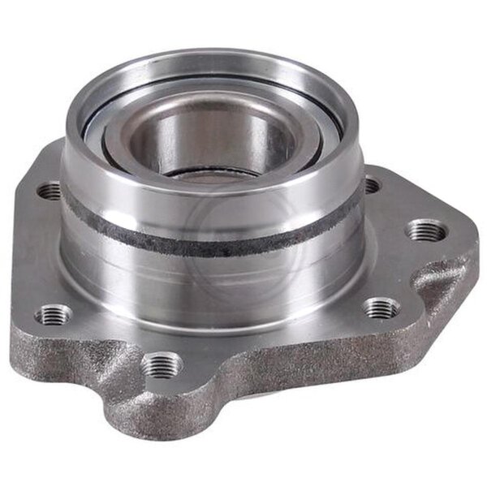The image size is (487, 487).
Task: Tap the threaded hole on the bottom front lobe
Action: [163, 364]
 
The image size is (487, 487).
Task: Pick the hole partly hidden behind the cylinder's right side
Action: [370, 186]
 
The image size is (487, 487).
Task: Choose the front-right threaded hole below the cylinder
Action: [381, 308]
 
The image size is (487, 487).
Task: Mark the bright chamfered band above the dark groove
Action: [211, 203]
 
